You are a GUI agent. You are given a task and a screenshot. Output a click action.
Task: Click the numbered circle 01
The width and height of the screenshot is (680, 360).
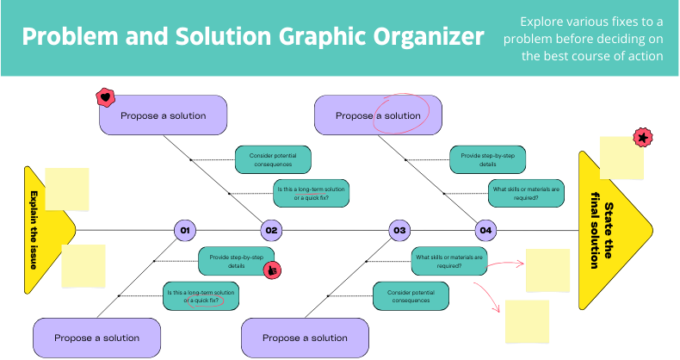[x=184, y=230]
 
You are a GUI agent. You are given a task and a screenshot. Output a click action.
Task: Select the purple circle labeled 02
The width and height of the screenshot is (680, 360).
[x=271, y=230]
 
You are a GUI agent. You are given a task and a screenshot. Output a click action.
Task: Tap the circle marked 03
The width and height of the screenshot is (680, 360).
[x=399, y=230]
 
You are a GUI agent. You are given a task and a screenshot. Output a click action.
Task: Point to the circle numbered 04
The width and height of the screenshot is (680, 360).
[x=485, y=230]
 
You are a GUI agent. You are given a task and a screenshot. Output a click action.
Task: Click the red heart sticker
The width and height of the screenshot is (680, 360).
[x=105, y=97]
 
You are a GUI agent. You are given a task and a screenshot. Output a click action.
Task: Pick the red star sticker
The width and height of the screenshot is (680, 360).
[x=641, y=137]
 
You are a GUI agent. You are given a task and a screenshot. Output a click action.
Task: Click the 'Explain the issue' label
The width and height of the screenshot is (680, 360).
[x=34, y=230]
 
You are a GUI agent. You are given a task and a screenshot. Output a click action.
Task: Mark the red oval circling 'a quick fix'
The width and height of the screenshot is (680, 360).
[x=207, y=301]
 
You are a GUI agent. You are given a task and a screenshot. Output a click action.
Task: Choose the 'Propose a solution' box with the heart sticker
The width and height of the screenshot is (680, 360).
[x=163, y=115]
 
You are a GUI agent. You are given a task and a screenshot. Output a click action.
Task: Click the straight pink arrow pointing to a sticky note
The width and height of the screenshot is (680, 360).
[x=515, y=260]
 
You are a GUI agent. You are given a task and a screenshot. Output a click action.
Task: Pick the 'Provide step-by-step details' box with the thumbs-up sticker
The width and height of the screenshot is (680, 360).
[x=235, y=260]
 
